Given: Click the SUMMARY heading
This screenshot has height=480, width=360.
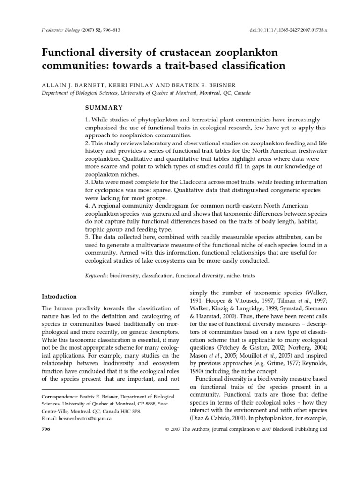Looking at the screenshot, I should point(104,108).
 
